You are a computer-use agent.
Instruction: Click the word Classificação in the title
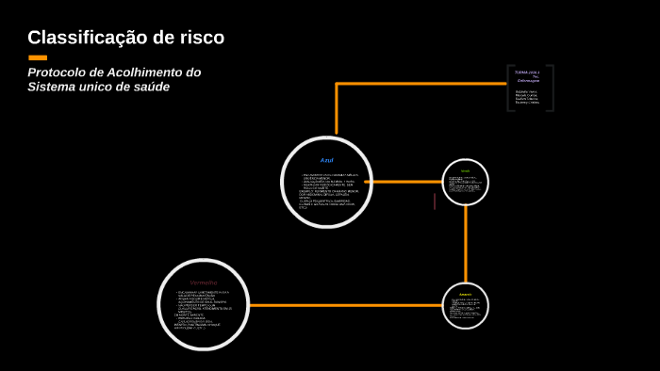coord(81,38)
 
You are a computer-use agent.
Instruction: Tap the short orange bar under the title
coord(38,57)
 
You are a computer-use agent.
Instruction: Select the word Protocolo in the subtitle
coord(58,73)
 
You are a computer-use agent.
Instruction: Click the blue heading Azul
coord(326,160)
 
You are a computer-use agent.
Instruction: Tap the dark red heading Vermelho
coord(204,282)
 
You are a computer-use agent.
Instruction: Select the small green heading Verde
coord(465,170)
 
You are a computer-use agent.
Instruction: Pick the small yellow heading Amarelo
coord(465,294)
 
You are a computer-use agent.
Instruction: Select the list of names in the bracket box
coord(528,97)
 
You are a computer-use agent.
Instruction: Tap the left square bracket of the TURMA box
coord(510,88)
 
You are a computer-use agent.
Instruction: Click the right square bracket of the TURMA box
coord(552,88)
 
